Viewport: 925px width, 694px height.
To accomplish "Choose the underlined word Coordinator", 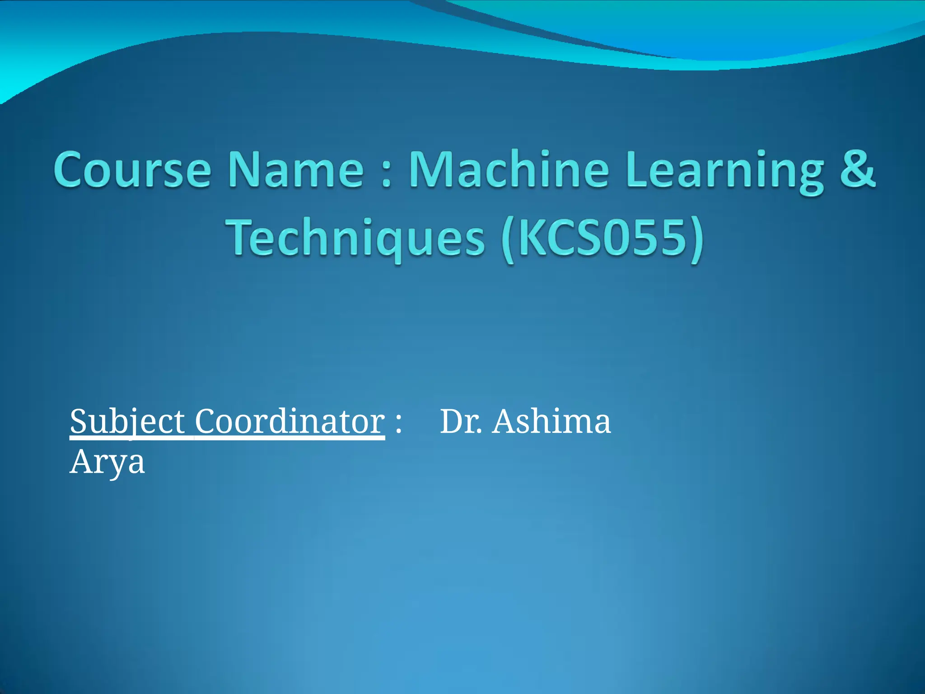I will click(290, 422).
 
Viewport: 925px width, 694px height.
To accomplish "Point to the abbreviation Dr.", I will click(460, 422).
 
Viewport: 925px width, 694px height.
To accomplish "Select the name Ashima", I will click(551, 422).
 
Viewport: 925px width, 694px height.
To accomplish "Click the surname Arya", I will click(107, 463).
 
